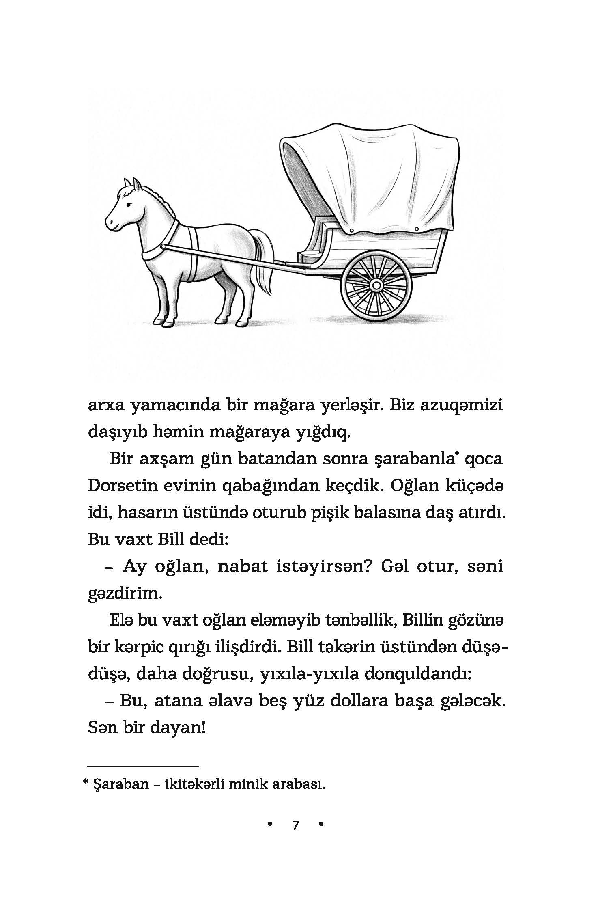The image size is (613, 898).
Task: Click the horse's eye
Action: coord(129,205)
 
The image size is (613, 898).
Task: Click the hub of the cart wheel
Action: coord(376,285)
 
